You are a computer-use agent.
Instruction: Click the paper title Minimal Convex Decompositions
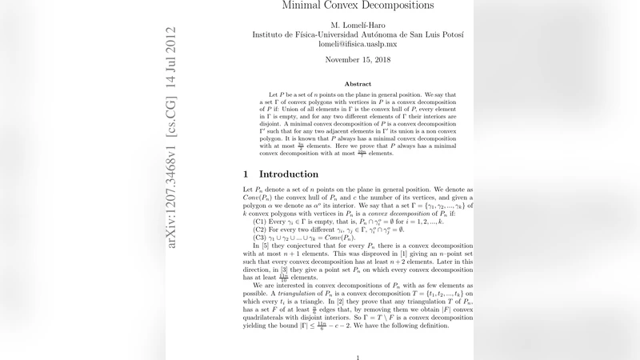358,6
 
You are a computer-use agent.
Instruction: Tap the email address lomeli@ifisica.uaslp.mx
358,45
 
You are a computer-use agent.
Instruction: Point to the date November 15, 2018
358,60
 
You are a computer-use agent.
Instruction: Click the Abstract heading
358,84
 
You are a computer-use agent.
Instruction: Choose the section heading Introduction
289,174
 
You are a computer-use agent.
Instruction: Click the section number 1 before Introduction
246,174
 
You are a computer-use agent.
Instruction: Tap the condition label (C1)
261,220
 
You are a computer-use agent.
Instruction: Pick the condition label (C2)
261,229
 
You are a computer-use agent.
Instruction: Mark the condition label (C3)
261,238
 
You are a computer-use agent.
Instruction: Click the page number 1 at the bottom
358,358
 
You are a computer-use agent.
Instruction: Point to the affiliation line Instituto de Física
358,34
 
